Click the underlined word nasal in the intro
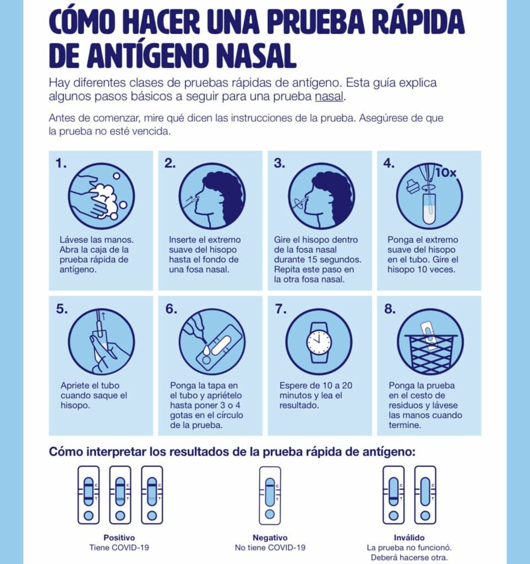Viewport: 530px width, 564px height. (x=329, y=97)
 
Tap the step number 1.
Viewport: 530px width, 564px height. (x=61, y=163)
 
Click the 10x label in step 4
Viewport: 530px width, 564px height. (x=446, y=173)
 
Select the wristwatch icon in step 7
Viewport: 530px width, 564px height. (x=319, y=342)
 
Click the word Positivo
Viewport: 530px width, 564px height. (x=119, y=538)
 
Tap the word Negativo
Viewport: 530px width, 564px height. (x=270, y=538)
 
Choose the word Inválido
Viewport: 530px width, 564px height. (x=409, y=538)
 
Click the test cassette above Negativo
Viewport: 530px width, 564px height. (x=270, y=495)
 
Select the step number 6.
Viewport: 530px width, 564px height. (x=171, y=309)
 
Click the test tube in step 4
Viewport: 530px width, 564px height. (x=429, y=209)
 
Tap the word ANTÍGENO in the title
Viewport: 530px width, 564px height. (x=150, y=56)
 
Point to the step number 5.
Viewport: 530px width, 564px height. (x=62, y=309)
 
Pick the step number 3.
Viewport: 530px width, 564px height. (x=280, y=163)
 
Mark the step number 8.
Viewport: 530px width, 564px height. (x=390, y=309)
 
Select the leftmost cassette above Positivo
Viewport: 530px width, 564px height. (x=89, y=495)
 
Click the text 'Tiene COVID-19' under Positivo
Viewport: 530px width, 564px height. (x=119, y=547)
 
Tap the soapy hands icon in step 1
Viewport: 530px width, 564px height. (x=102, y=197)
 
